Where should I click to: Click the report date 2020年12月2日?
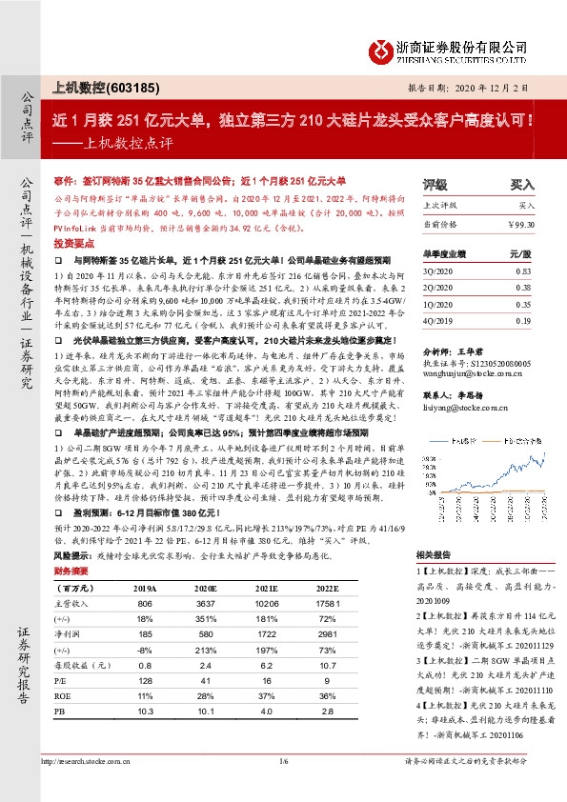coord(511,87)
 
